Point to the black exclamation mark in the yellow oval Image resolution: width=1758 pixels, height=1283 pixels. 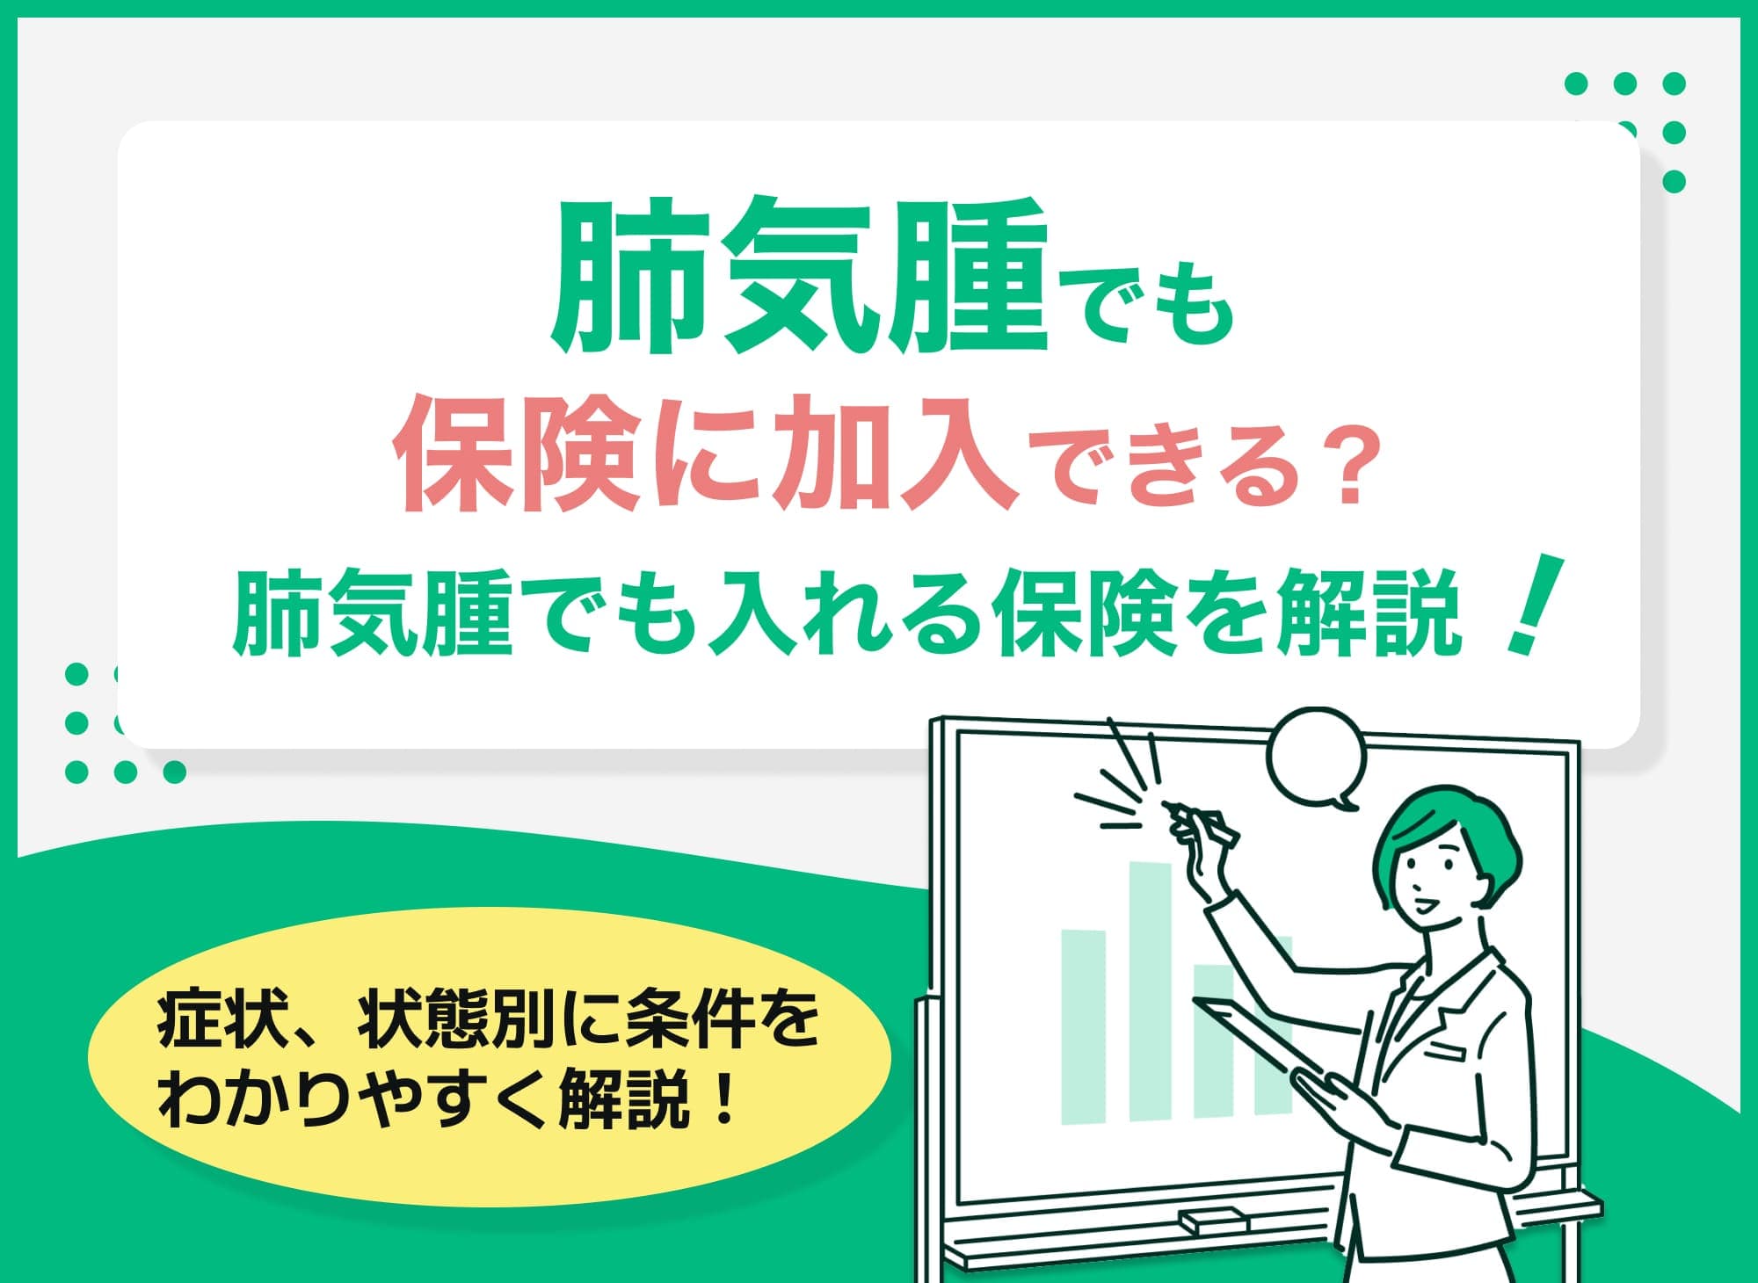(724, 1098)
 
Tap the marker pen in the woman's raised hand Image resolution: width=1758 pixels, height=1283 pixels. (1204, 822)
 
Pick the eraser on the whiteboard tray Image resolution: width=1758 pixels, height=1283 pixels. (1213, 1221)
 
